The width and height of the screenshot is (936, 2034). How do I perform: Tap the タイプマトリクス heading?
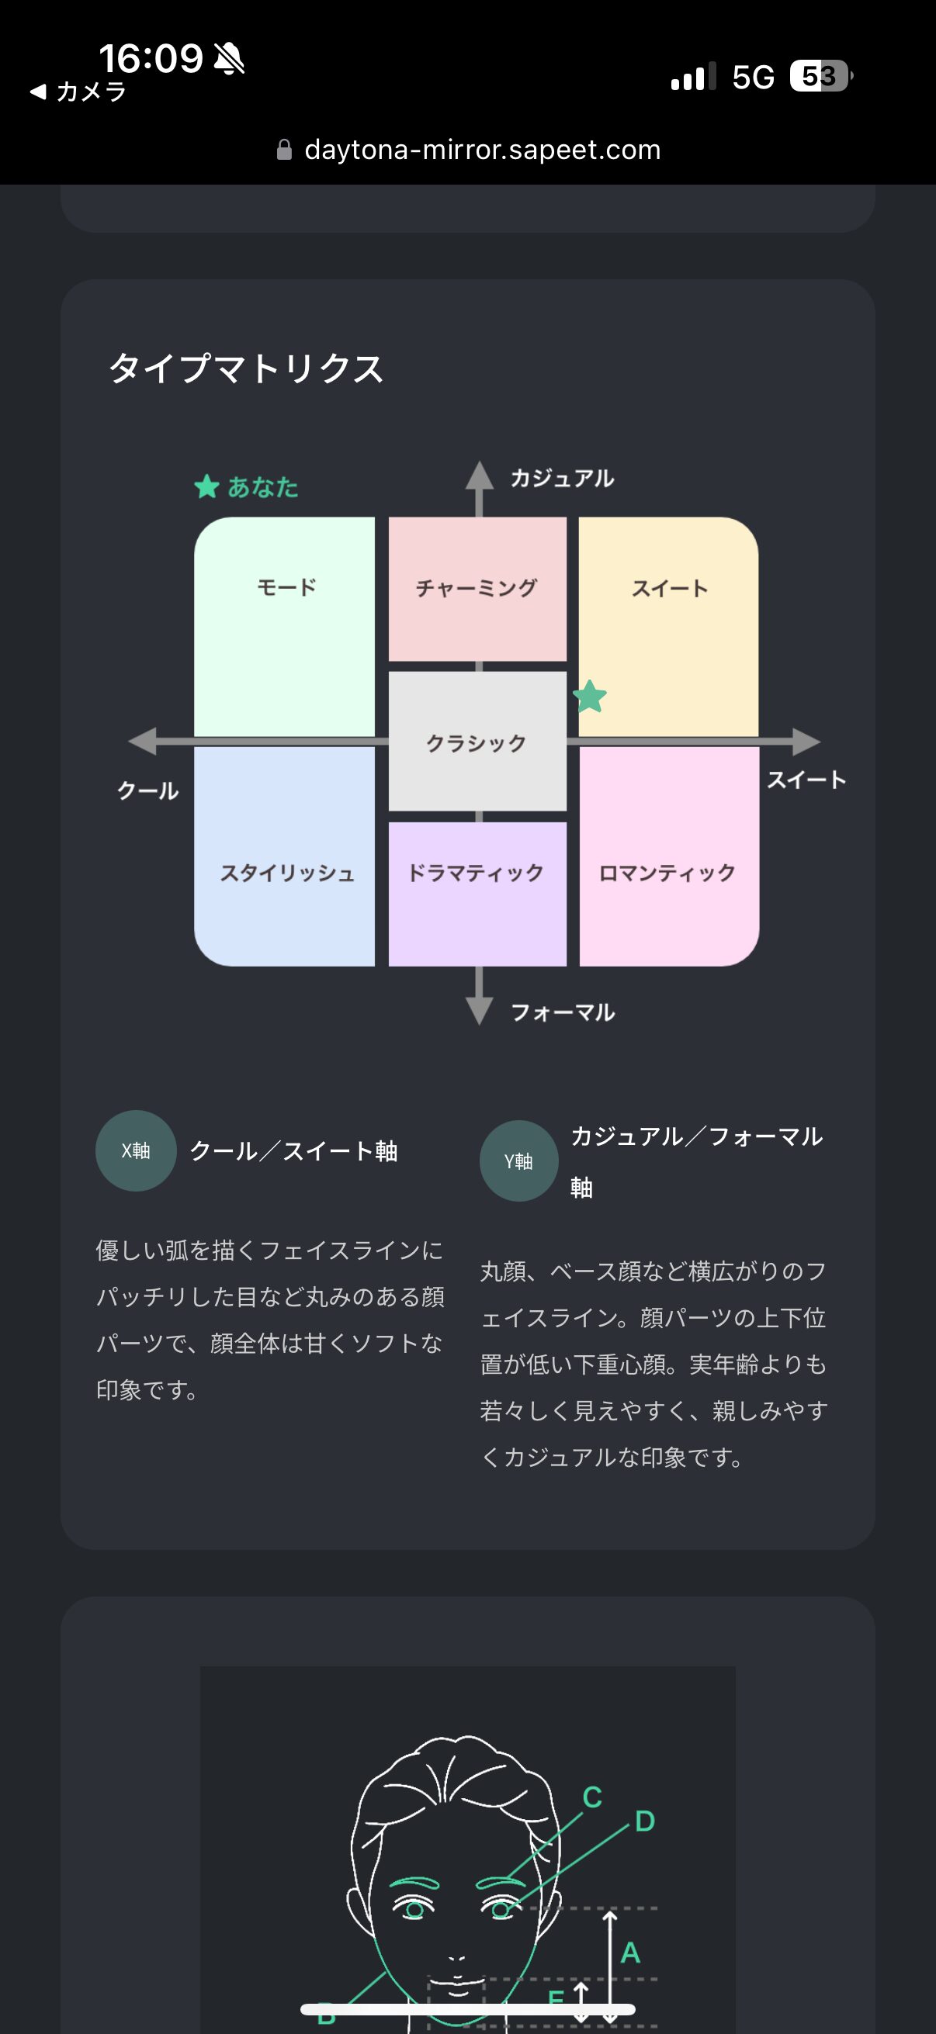tap(246, 368)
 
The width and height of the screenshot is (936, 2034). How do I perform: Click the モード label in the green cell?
tap(286, 586)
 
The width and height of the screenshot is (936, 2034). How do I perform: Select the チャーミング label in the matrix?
tap(477, 587)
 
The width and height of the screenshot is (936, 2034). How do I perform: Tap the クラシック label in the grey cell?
tap(477, 743)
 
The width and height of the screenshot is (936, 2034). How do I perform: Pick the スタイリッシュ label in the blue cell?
tap(286, 873)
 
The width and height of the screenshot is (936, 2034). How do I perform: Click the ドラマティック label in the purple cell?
tap(476, 873)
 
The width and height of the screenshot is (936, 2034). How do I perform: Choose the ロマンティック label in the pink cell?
tap(667, 873)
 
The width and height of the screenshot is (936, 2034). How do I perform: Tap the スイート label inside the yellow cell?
tap(670, 588)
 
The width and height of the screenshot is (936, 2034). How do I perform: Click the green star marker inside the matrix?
tap(589, 697)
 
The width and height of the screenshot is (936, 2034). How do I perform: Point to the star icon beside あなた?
tap(207, 486)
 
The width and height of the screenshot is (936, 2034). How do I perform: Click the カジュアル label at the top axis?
tap(563, 478)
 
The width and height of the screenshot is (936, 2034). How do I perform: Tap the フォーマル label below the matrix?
tap(563, 1012)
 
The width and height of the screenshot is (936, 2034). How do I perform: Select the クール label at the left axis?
tap(147, 790)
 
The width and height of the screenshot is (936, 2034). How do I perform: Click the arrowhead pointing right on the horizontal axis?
tap(806, 742)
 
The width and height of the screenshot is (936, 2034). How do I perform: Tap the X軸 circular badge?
tap(136, 1150)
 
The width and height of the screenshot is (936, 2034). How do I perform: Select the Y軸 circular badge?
tap(519, 1161)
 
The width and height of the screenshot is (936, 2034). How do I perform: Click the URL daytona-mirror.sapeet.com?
tap(483, 149)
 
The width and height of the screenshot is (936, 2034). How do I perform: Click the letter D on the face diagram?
tap(644, 1821)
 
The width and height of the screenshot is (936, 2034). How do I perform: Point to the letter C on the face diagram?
tap(592, 1797)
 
